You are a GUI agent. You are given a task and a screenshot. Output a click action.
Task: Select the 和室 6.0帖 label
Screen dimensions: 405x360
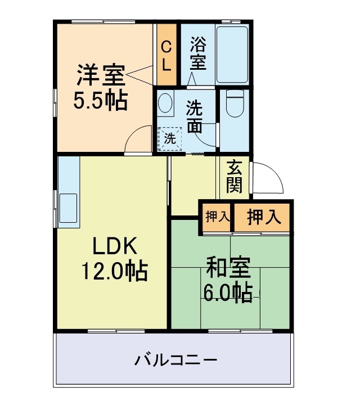click(x=227, y=280)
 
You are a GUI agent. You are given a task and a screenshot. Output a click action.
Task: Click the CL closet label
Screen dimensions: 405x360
click(x=166, y=55)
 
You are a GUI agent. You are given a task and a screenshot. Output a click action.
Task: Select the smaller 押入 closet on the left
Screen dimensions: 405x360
click(x=215, y=217)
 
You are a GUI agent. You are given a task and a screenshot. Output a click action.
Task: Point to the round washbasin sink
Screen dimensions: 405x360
click(x=166, y=103)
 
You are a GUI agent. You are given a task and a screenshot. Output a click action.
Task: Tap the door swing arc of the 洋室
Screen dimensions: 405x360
click(x=137, y=138)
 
